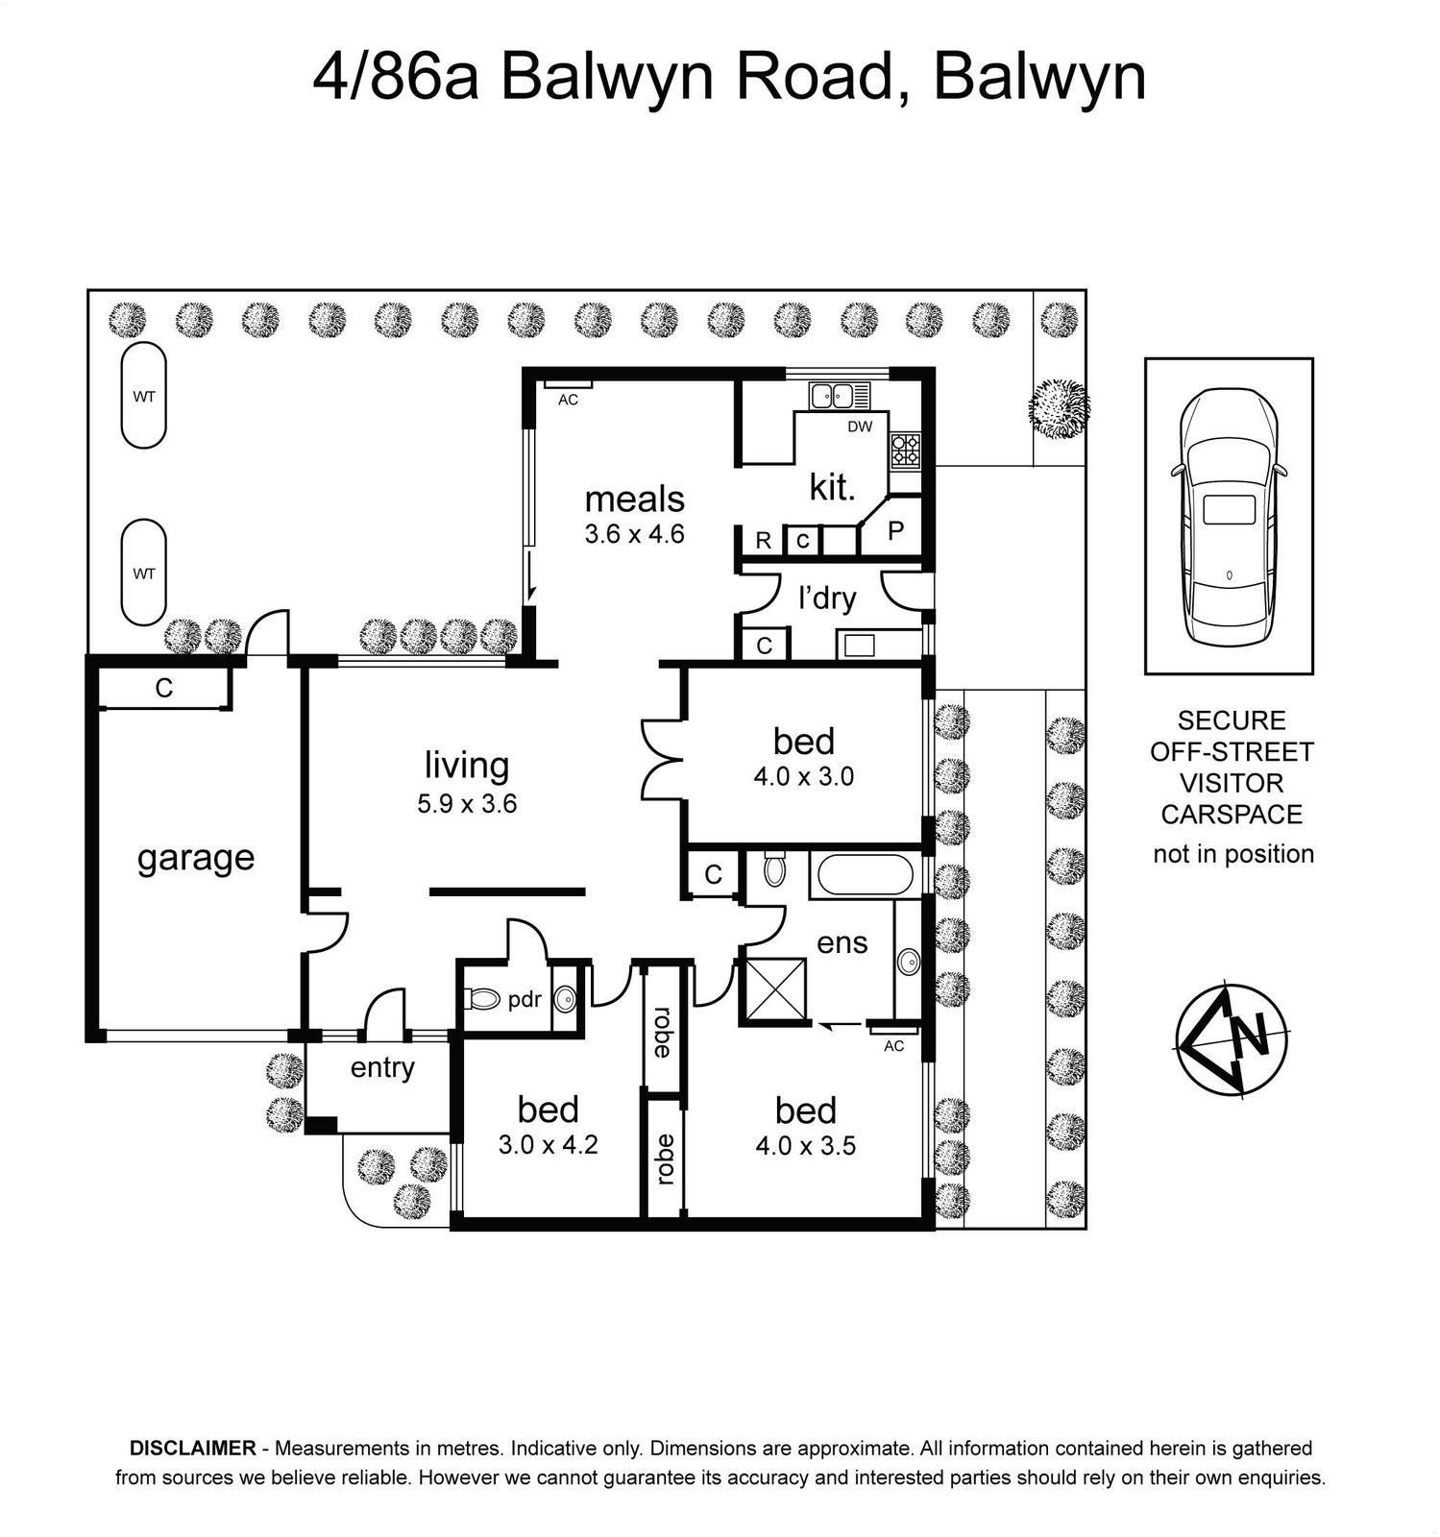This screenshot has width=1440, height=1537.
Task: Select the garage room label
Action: (196, 857)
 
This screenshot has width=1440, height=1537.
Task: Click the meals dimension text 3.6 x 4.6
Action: (634, 534)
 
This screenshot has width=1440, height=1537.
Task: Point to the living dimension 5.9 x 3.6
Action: (467, 803)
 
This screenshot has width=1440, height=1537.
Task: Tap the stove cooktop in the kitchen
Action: (905, 449)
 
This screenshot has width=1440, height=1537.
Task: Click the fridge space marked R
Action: (762, 540)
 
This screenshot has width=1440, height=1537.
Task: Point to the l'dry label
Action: (827, 598)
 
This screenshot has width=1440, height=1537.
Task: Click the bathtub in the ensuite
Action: (861, 874)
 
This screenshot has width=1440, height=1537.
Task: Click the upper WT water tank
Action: (144, 395)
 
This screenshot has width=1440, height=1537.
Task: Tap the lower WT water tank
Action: (144, 573)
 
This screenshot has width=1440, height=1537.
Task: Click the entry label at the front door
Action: (382, 1068)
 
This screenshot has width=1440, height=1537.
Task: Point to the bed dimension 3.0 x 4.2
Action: (549, 1145)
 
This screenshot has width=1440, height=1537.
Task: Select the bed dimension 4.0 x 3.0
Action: (804, 776)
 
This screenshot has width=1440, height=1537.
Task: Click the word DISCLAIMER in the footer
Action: (193, 1448)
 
